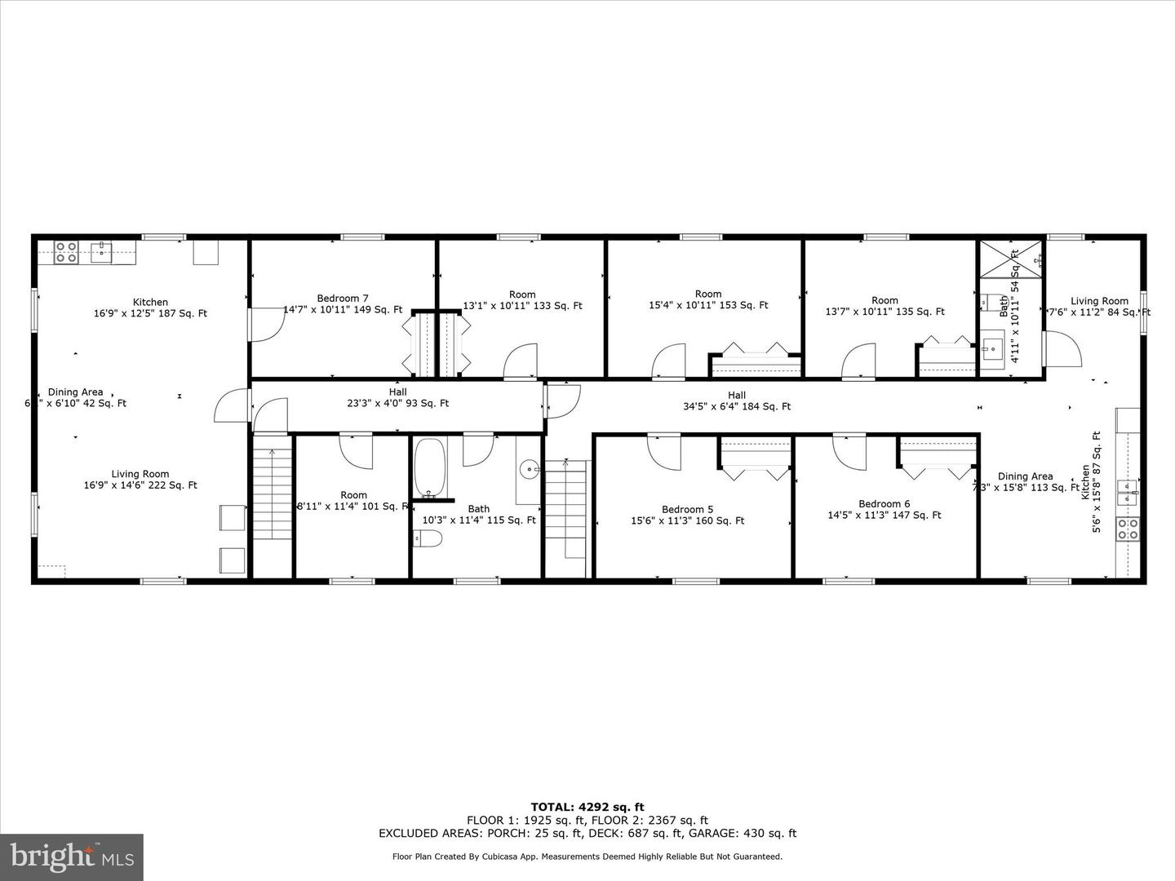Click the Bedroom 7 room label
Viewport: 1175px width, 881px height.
click(343, 299)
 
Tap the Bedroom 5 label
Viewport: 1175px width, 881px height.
click(687, 510)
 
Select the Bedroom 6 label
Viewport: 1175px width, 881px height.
click(884, 504)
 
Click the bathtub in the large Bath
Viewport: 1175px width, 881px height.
click(429, 469)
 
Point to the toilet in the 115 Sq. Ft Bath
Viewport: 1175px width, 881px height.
click(428, 538)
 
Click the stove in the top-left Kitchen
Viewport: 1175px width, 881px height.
click(66, 252)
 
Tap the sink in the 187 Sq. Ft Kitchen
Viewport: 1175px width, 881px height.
click(101, 252)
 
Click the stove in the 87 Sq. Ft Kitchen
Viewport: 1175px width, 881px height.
click(1128, 529)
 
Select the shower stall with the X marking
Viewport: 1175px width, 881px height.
click(1011, 259)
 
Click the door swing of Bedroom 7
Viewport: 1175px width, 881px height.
click(266, 324)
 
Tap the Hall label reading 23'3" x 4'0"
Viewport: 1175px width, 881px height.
click(397, 403)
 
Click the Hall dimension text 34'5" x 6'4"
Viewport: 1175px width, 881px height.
click(737, 406)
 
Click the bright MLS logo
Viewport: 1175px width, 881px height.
click(72, 857)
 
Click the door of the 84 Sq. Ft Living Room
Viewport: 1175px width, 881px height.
click(1062, 348)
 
